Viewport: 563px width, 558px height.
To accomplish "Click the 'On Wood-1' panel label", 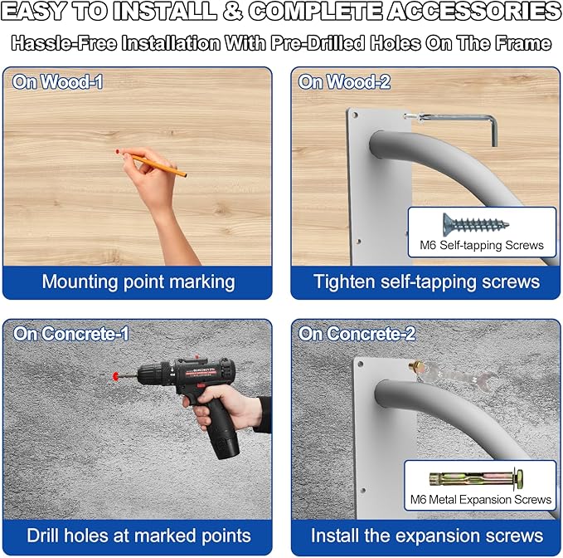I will point(57,81).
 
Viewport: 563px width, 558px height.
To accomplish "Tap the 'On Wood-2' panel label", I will point(344,81).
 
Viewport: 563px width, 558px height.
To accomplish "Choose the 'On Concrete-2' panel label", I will point(357,334).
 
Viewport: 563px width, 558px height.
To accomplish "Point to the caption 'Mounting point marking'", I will point(138,281).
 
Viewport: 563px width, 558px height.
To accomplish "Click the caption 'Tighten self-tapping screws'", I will point(426,281).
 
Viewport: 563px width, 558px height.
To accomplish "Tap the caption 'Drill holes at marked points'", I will point(138,535).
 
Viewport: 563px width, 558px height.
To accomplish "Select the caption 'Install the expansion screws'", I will point(426,535).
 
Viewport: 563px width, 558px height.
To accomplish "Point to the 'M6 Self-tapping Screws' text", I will point(482,245).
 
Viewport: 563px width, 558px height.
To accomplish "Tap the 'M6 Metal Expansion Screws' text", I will point(481,500).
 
